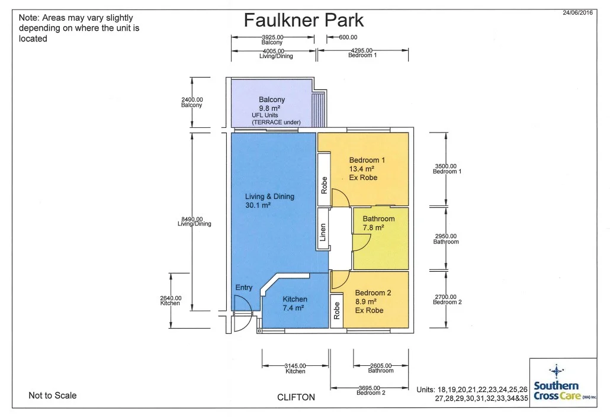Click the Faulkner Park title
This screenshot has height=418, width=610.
[303, 20]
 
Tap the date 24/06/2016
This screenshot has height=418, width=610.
[577, 12]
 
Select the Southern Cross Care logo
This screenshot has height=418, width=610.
[563, 382]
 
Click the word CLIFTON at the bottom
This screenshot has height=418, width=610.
[296, 397]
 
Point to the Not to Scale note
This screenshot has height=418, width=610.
[53, 396]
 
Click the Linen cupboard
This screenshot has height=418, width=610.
[323, 229]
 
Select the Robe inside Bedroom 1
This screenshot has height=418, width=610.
[324, 179]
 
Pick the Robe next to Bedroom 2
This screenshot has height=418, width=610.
[336, 311]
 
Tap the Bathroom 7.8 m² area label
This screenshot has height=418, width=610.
[378, 223]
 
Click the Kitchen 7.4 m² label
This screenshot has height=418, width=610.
[294, 303]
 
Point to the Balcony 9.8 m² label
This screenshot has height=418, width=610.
[272, 104]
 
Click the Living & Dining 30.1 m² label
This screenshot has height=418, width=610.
[269, 201]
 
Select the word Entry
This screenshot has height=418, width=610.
[244, 287]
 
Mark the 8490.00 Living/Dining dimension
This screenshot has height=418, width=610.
[194, 221]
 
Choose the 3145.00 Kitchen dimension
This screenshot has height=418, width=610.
[296, 368]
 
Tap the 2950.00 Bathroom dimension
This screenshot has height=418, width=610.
[446, 239]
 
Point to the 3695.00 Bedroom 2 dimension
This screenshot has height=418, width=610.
[370, 390]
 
